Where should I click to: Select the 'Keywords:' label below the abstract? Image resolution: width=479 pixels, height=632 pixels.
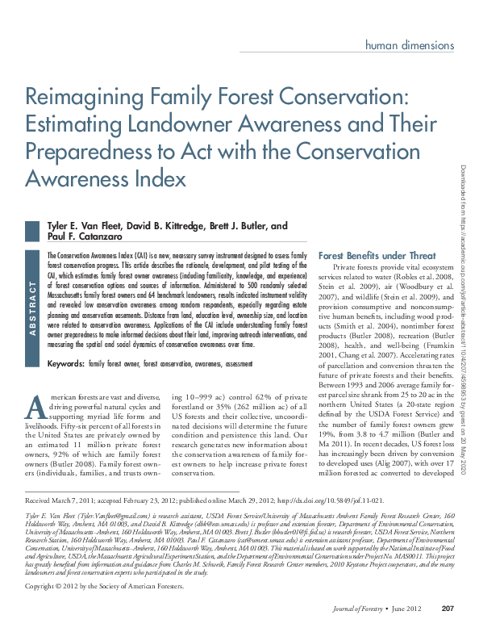65,365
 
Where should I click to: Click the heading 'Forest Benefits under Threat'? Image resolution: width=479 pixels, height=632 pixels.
377,255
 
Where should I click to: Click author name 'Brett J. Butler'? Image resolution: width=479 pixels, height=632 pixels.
234,226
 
